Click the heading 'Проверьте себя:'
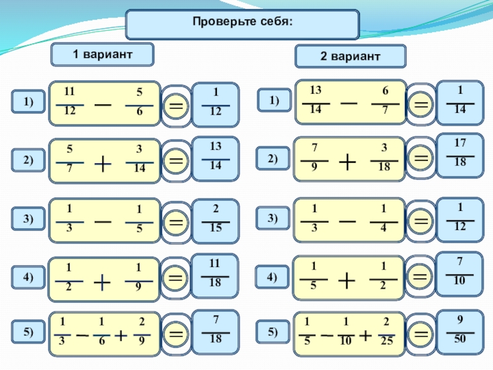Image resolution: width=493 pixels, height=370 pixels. coord(242,22)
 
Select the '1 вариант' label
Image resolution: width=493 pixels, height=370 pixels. coord(102,54)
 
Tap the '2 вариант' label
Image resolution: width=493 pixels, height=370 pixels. coord(350,56)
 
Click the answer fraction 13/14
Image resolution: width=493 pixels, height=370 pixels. coord(216,155)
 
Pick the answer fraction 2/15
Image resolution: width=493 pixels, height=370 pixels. coord(216,218)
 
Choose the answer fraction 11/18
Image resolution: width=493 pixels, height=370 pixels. coord(214,273)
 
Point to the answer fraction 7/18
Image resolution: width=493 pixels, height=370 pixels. coord(216,329)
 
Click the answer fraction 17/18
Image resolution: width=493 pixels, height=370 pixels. coord(460,152)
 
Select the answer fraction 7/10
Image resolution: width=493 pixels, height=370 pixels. coord(459,271)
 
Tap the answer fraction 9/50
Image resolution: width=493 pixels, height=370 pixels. coord(460,329)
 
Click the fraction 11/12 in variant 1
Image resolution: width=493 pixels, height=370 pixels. coord(70,101)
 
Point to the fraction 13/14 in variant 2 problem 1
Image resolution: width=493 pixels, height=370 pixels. coord(316,99)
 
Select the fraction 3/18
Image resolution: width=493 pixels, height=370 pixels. coord(384,157)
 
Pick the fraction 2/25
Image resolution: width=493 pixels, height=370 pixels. coord(386,331)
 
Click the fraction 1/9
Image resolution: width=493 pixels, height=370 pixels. coord(138,277)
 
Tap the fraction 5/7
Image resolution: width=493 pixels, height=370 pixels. coord(70,158)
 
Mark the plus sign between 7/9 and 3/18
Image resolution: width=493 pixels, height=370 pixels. coord(348,163)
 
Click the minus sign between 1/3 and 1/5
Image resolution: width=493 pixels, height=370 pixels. coord(103,222)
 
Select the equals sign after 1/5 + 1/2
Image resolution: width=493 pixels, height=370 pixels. coord(419,276)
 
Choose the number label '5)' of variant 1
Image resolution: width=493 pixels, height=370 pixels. coord(28,332)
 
